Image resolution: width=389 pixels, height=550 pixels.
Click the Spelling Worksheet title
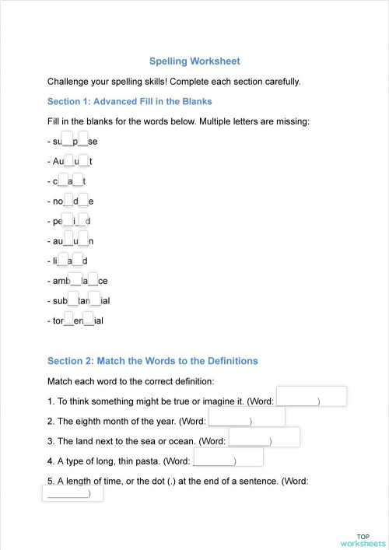coord(194,61)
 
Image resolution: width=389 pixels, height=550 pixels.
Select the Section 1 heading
coord(129,101)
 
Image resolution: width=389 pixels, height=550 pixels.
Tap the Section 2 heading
coord(152,361)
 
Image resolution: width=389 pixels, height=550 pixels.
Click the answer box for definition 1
coord(311,397)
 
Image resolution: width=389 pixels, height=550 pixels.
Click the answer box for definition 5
coord(72,492)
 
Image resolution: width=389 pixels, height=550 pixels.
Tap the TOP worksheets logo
coord(363,540)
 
